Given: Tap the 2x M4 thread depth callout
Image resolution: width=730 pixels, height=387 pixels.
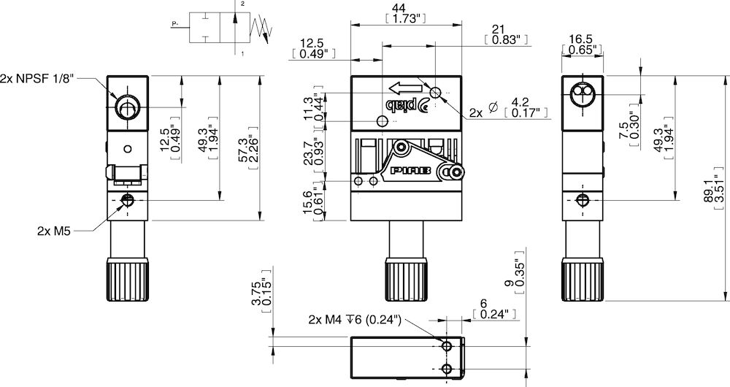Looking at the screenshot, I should pos(354,320).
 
